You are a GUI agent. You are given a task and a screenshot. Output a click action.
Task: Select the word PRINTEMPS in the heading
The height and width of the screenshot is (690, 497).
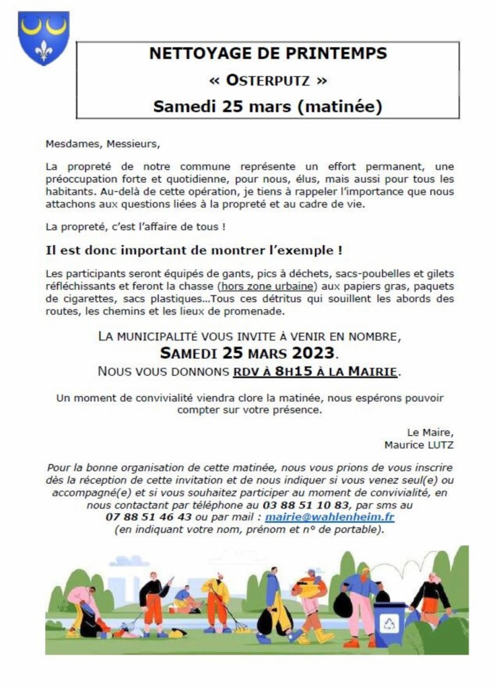coord(331,54)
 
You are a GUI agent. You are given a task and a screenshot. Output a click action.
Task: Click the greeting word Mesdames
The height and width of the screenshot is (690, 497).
coord(70,144)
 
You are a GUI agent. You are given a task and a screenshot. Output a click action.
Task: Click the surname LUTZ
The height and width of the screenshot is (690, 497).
coord(438,444)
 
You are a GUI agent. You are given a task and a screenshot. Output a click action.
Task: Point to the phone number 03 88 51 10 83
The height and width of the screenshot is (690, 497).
coord(314,505)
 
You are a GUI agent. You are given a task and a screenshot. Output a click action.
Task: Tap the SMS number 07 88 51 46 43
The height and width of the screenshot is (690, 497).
coord(148,517)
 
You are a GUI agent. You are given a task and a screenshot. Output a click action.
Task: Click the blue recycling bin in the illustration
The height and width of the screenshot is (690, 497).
coord(389,619)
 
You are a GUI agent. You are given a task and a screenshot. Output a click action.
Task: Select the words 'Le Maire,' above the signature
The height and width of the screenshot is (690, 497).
coord(430,432)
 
